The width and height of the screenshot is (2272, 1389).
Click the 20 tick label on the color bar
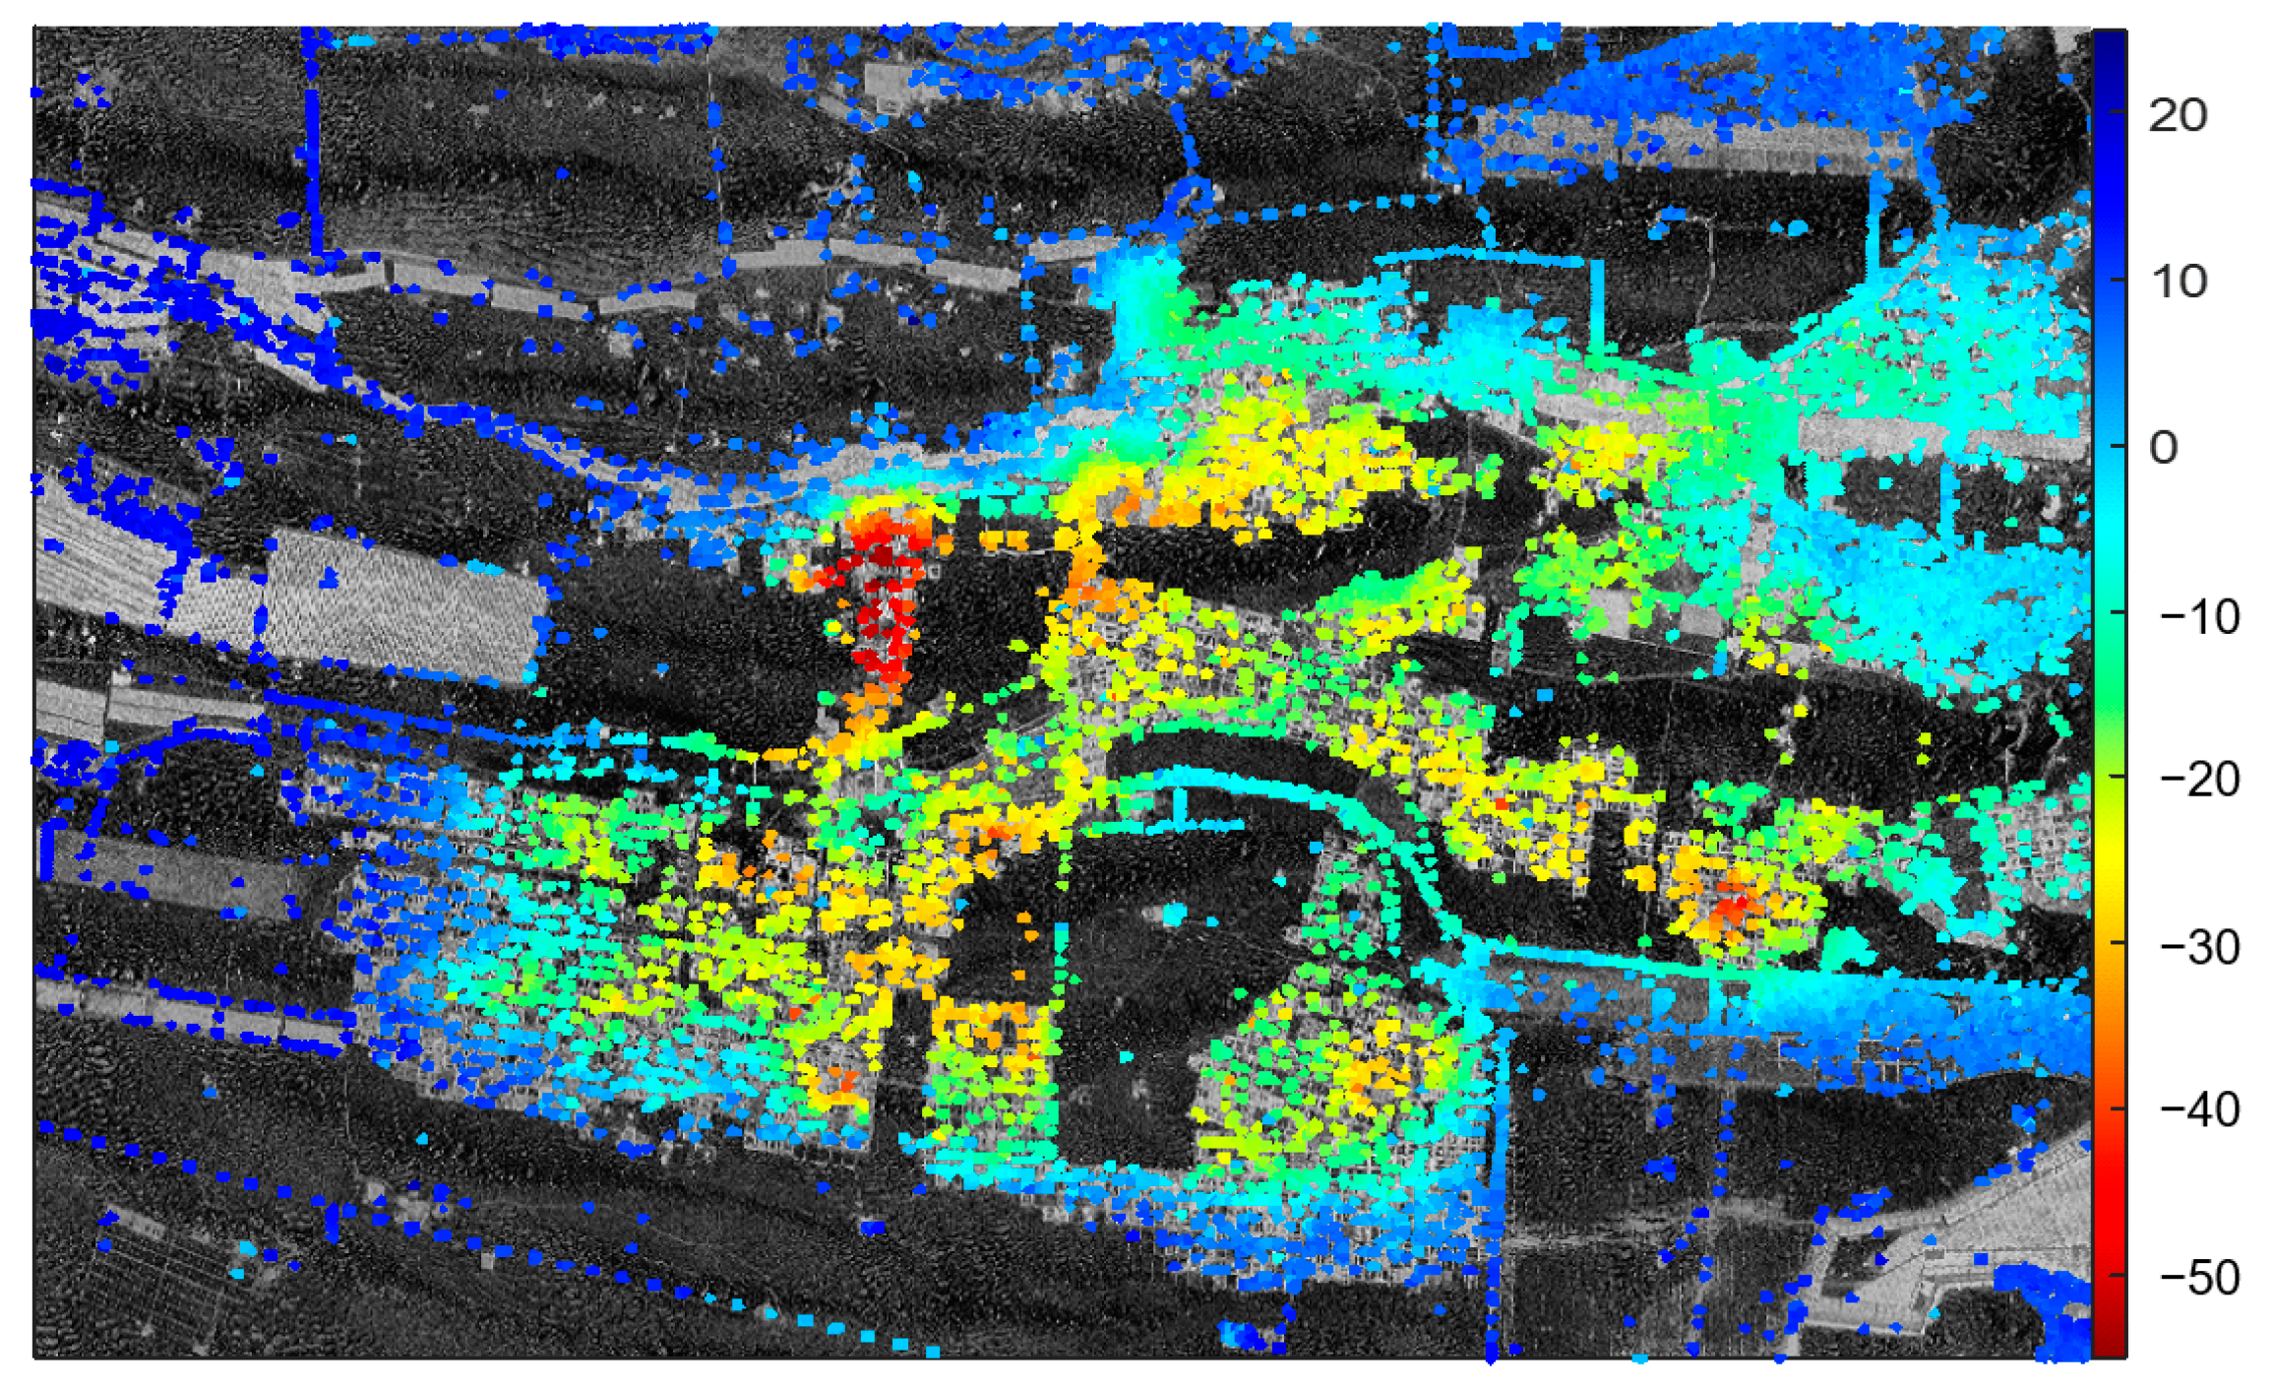click(x=2178, y=116)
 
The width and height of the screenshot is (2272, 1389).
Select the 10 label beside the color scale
click(x=2178, y=283)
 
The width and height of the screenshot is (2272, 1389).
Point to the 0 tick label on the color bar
click(x=2163, y=449)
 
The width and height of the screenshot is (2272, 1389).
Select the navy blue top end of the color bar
click(x=2109, y=44)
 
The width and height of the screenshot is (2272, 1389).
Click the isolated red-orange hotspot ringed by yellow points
click(x=1730, y=906)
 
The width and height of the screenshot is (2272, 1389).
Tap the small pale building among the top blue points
click(x=889, y=87)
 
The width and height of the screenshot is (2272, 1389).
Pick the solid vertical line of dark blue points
click(x=313, y=148)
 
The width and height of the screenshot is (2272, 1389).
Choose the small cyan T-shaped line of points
click(x=1180, y=817)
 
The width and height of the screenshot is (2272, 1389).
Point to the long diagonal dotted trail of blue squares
click(x=492, y=1250)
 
